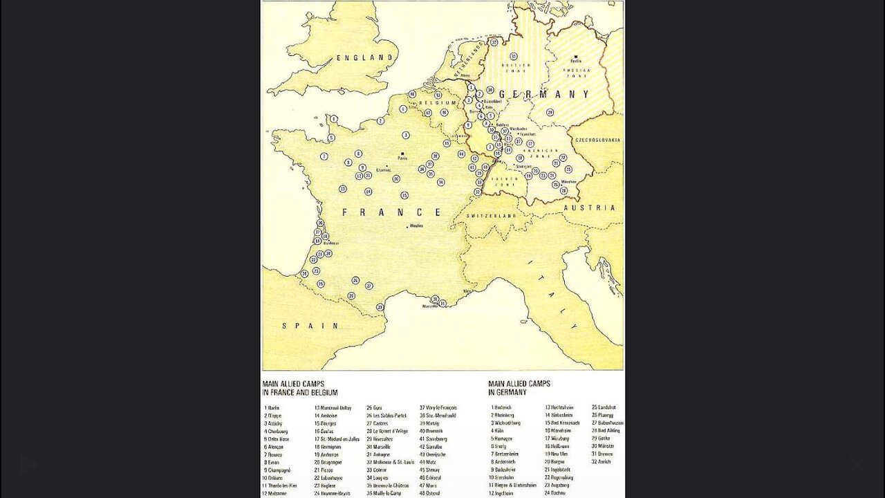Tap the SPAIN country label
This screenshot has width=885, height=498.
click(310, 325)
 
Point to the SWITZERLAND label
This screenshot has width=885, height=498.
click(491, 216)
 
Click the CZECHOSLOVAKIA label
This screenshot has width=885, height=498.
click(597, 140)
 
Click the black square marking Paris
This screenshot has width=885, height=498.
click(402, 154)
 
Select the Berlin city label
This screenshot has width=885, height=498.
click(576, 61)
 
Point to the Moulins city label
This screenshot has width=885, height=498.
click(416, 227)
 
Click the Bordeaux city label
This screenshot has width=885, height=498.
click(330, 243)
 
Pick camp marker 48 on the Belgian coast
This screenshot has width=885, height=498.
click(412, 93)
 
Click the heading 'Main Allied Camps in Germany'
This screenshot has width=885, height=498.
click(519, 388)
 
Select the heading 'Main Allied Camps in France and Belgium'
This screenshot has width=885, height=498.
click(300, 388)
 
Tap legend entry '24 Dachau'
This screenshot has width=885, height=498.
click(556, 493)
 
